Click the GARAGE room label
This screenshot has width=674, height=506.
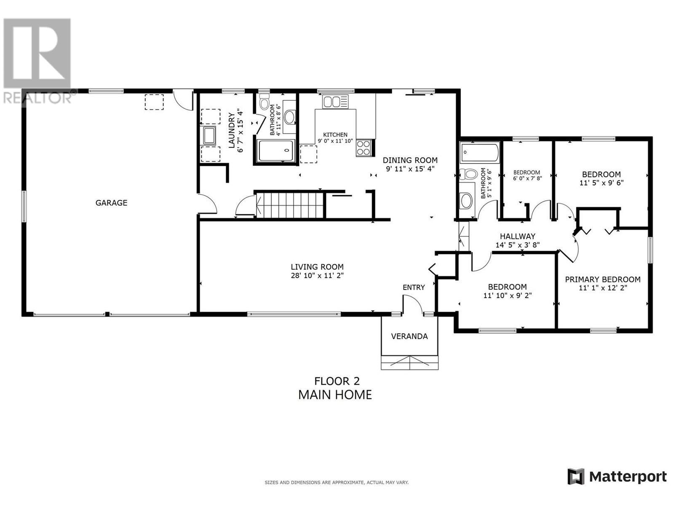[111, 203]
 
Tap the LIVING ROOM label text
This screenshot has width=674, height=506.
[317, 267]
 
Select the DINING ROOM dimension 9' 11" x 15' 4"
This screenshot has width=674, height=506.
[410, 169]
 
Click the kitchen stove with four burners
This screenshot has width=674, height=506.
[364, 148]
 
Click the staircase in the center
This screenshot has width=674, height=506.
[290, 205]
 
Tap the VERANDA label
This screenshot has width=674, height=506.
[409, 336]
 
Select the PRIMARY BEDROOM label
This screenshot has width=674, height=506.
[602, 280]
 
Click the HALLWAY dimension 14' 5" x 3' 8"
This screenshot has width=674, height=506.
[517, 245]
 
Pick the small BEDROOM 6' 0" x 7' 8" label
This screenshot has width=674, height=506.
[527, 173]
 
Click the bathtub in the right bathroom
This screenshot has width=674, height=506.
[479, 153]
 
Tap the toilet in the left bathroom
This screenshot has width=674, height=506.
[264, 103]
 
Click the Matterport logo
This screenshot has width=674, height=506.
[617, 476]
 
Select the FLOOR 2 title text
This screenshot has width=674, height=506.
[337, 381]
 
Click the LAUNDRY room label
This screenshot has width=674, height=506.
[231, 130]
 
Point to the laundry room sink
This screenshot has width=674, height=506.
[209, 136]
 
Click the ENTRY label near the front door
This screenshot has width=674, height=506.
[413, 288]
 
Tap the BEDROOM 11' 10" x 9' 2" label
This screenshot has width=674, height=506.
[507, 287]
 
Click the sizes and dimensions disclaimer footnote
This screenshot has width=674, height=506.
[336, 482]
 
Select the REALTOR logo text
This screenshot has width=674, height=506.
[37, 98]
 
